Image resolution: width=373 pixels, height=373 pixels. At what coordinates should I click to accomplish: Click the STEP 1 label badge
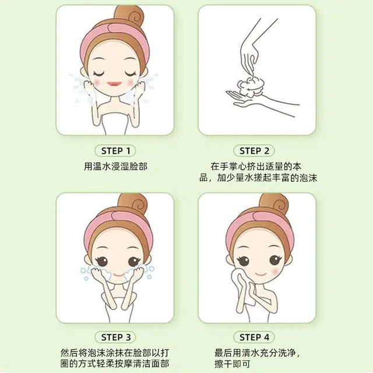coord(115,151)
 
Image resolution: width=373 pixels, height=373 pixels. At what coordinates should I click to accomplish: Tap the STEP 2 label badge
coord(254,151)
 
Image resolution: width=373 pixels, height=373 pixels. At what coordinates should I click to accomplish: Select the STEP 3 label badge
coord(115,337)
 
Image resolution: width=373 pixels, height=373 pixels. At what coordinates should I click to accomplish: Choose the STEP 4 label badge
coord(254,337)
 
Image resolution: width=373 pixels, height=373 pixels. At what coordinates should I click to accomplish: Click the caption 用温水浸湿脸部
coord(115,166)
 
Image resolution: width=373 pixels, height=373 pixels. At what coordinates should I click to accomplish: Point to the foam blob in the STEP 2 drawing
coord(251,87)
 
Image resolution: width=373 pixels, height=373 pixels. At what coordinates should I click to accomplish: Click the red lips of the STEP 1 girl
coord(114,84)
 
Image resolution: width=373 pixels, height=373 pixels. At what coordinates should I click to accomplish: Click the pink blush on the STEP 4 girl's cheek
coord(275,271)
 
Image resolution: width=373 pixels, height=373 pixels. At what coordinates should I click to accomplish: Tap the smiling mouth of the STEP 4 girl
coord(261,274)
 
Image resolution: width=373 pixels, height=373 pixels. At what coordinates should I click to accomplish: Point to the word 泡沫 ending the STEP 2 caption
coord(308,178)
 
